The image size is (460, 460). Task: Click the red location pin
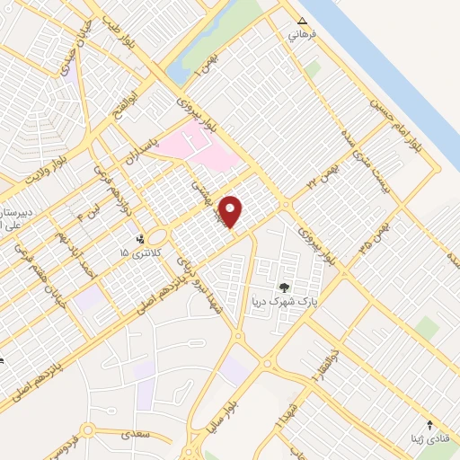(x=232, y=211)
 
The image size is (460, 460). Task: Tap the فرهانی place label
(x=296, y=37)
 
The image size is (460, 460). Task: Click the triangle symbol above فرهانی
(x=302, y=22)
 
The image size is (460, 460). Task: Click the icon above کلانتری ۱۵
(x=140, y=239)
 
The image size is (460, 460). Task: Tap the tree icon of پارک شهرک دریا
(x=285, y=287)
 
